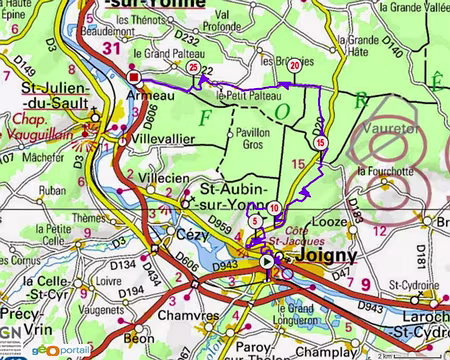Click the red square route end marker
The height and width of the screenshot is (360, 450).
[133, 76]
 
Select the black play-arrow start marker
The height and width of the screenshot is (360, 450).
[266, 262]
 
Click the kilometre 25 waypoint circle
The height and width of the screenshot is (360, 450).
[193, 67]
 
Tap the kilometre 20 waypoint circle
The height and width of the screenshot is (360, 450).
[295, 65]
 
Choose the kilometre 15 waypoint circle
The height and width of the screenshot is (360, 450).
[320, 144]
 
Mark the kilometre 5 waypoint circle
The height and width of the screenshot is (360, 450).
[256, 220]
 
